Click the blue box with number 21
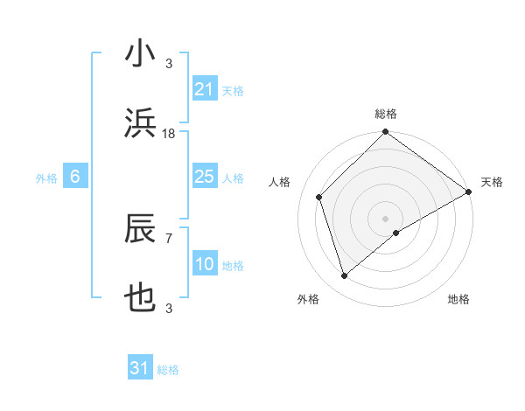(204, 89)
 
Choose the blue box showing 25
(204, 178)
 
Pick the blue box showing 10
(204, 265)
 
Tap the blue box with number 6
(75, 178)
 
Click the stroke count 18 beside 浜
(170, 134)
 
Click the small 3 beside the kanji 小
(169, 63)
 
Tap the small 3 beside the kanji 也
(169, 308)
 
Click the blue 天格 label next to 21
(233, 90)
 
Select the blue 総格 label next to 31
(168, 370)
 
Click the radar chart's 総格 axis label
(386, 114)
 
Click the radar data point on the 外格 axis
(344, 276)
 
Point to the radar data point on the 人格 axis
(319, 197)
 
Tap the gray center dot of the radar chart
(385, 218)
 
